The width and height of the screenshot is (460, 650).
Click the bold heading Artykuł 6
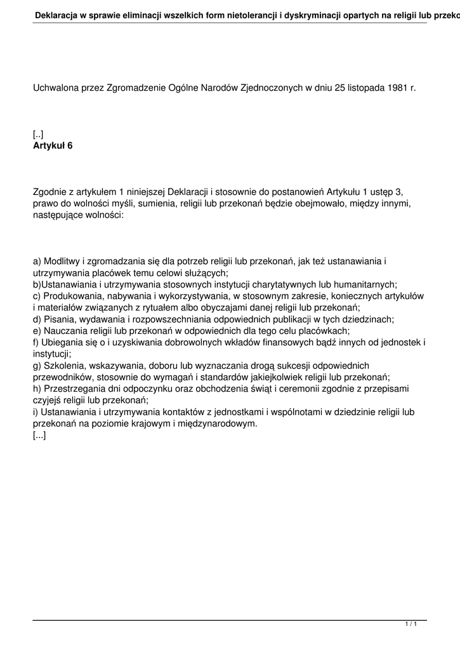tap(53, 145)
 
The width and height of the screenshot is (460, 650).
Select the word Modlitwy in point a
tap(62, 262)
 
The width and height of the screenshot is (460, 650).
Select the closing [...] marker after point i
tap(39, 435)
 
